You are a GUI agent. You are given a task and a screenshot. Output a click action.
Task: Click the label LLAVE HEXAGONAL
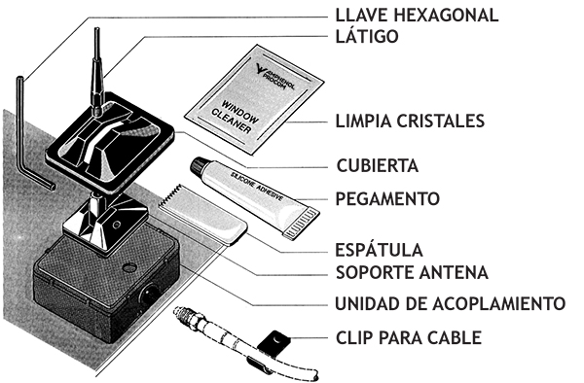pyautogui.click(x=417, y=16)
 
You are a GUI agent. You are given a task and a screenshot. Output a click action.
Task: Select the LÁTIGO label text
pyautogui.click(x=367, y=36)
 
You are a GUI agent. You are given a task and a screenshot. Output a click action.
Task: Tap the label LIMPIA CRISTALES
pyautogui.click(x=410, y=122)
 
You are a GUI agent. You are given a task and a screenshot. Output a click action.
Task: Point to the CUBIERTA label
pyautogui.click(x=378, y=166)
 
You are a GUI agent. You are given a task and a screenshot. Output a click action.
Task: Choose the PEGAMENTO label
pyautogui.click(x=387, y=199)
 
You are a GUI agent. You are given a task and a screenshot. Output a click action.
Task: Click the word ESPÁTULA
pyautogui.click(x=380, y=250)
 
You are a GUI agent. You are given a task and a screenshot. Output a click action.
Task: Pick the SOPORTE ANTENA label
pyautogui.click(x=412, y=272)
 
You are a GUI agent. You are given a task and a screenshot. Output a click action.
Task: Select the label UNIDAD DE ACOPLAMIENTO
pyautogui.click(x=451, y=304)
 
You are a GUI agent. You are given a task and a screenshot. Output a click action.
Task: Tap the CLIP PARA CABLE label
pyautogui.click(x=409, y=338)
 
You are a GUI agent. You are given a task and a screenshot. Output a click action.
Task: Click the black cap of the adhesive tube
pyautogui.click(x=199, y=166)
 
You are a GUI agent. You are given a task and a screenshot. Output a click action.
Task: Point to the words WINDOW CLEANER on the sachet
pyautogui.click(x=235, y=117)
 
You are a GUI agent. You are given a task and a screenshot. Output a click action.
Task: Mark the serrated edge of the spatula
pyautogui.click(x=170, y=194)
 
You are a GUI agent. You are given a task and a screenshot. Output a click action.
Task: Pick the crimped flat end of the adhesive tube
pyautogui.click(x=302, y=224)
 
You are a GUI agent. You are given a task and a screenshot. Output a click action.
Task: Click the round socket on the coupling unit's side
pyautogui.click(x=150, y=294)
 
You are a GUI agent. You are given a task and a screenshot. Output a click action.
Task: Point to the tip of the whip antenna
pyautogui.click(x=96, y=29)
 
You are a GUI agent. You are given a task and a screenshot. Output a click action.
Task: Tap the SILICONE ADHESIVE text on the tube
pyautogui.click(x=257, y=187)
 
